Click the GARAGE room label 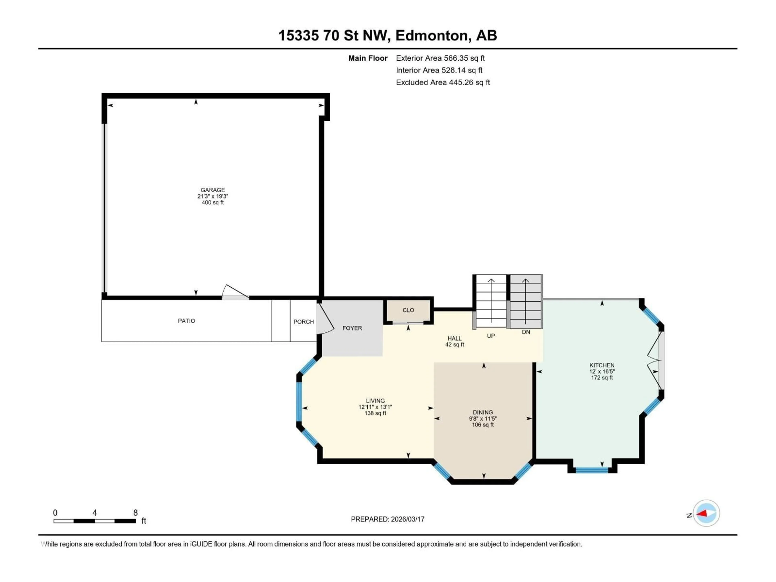(x=213, y=190)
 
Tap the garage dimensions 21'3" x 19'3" (x=213, y=196)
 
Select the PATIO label (x=186, y=321)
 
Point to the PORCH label (x=304, y=322)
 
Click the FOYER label (x=352, y=328)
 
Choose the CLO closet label (x=408, y=310)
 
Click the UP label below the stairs (x=491, y=336)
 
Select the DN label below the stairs (x=526, y=332)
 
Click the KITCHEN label (x=602, y=365)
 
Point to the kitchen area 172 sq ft (x=602, y=378)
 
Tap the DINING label (x=483, y=412)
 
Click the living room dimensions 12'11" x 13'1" (x=375, y=407)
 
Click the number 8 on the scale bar (x=135, y=512)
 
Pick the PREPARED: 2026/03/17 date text (x=388, y=519)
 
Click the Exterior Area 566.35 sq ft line (x=440, y=58)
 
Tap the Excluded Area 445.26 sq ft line (x=443, y=82)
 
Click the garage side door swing (x=234, y=292)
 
